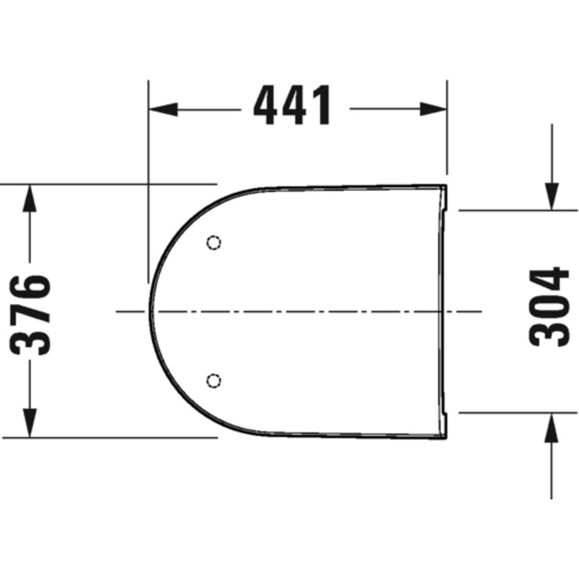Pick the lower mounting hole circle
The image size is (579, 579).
(214, 379)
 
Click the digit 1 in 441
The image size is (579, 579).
(323, 105)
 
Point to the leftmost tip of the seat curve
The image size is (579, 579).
(150, 311)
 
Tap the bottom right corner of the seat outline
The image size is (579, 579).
(446, 437)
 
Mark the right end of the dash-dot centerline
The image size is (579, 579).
(481, 311)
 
